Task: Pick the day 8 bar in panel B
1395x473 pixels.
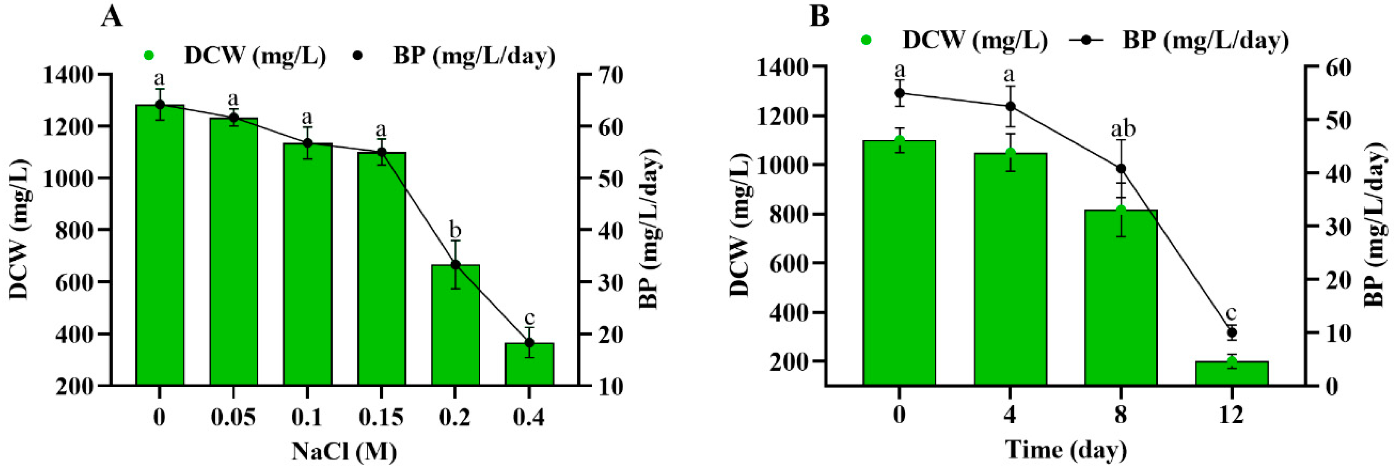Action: pyautogui.click(x=1121, y=298)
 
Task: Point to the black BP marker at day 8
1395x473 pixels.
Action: pyautogui.click(x=1121, y=168)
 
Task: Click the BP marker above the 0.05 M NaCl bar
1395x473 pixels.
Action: pyautogui.click(x=233, y=117)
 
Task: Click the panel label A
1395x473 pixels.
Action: pyautogui.click(x=112, y=17)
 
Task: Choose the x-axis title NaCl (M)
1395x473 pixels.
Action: pyautogui.click(x=344, y=451)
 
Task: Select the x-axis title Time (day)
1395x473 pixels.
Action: pyautogui.click(x=1066, y=450)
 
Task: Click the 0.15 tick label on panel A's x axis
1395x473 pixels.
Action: pyautogui.click(x=381, y=417)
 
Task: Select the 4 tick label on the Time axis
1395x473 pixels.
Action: pyautogui.click(x=1010, y=415)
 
